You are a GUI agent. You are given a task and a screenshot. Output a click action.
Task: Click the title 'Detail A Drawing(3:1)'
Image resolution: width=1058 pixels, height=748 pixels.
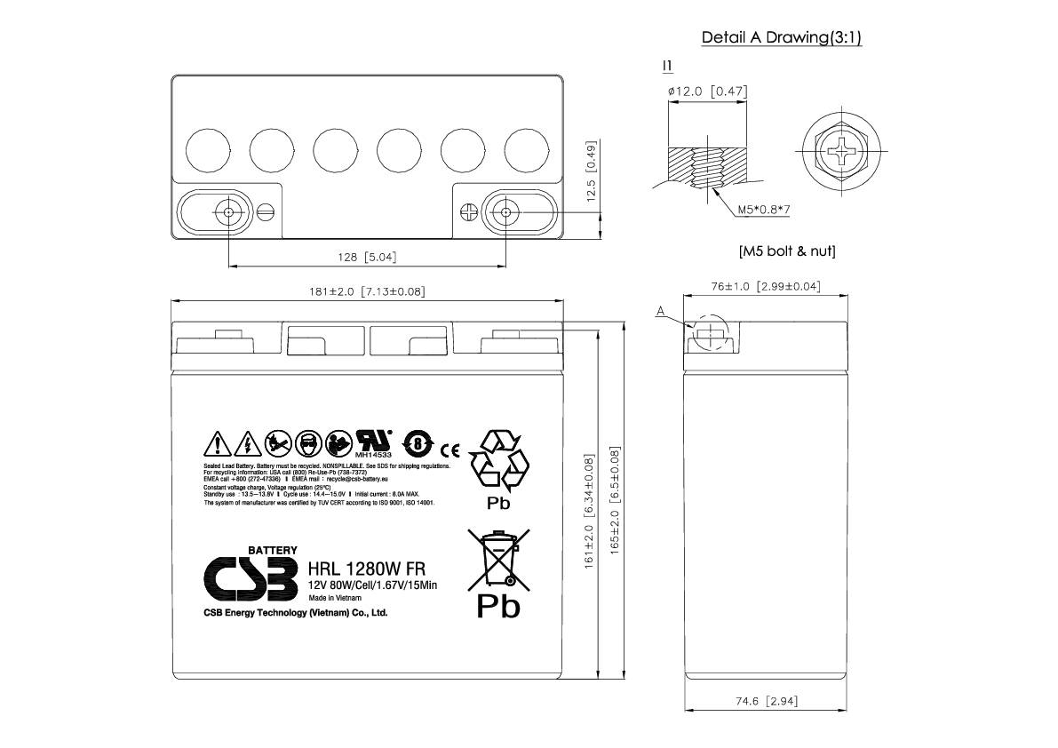pyautogui.click(x=781, y=37)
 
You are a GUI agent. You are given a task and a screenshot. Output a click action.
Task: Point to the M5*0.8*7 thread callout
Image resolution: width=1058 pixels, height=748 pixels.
pyautogui.click(x=764, y=211)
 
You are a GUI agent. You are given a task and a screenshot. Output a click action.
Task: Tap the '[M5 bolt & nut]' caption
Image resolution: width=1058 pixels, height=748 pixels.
pyautogui.click(x=786, y=251)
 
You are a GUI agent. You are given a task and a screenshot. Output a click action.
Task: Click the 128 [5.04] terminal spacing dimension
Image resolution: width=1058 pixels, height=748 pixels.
pyautogui.click(x=366, y=258)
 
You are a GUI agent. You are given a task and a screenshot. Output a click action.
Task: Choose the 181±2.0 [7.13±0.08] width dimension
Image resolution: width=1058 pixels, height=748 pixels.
pyautogui.click(x=367, y=291)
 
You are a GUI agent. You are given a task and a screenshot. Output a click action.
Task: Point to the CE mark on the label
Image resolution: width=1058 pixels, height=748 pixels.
pyautogui.click(x=450, y=446)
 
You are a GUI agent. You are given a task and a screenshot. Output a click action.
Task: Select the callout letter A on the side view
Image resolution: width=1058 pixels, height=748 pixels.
pyautogui.click(x=660, y=311)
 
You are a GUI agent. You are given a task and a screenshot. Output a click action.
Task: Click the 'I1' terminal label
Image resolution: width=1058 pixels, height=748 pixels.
pyautogui.click(x=667, y=66)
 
